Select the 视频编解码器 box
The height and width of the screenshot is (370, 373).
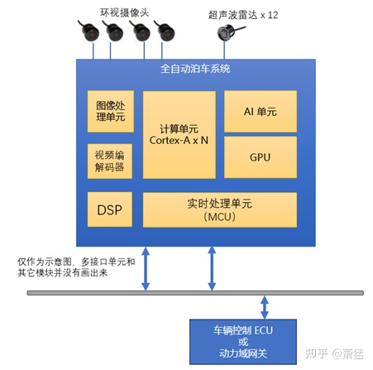110,161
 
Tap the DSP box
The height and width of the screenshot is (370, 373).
110,210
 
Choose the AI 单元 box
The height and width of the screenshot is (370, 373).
261,110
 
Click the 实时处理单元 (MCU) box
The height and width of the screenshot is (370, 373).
220,210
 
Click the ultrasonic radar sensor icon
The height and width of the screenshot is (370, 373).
226,33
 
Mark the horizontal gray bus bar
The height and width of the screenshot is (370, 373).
198,292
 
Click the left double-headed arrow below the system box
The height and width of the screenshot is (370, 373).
146,268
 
